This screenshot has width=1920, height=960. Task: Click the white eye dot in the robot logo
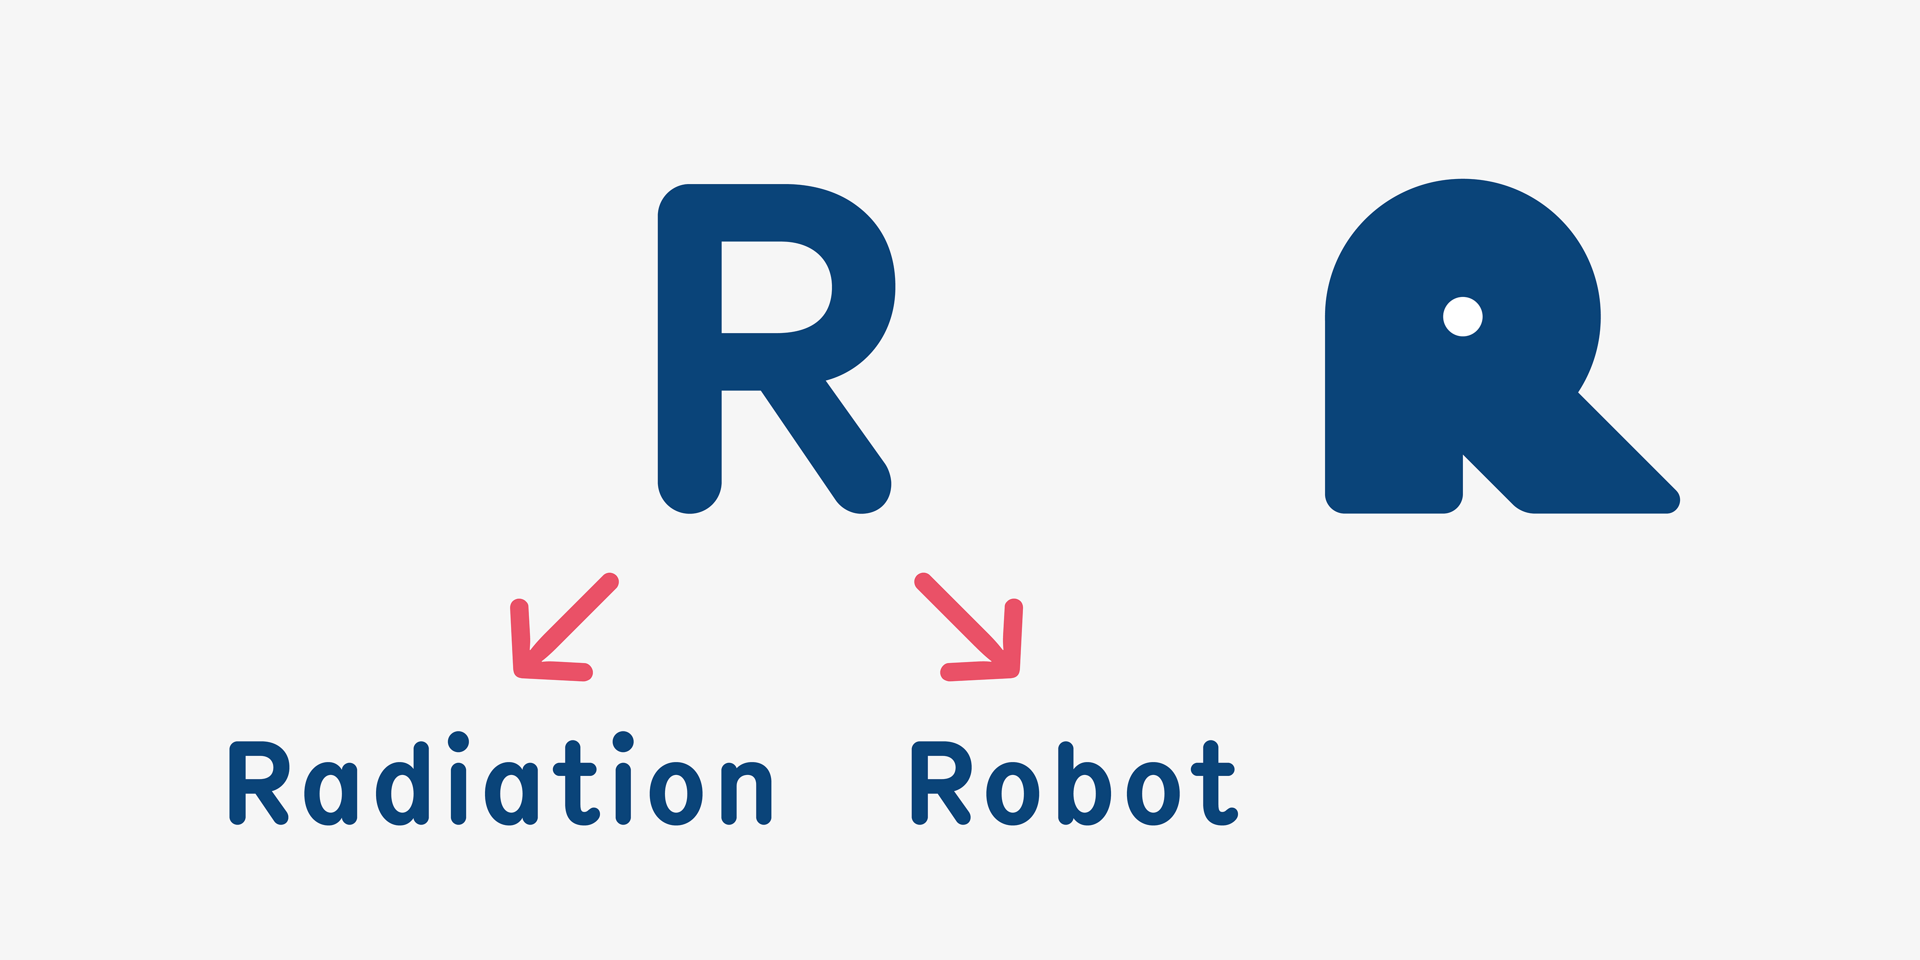coord(1462,317)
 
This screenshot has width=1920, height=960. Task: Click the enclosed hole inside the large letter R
coord(775,287)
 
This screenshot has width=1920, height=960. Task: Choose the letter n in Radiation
coord(746,794)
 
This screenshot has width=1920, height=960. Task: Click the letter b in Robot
coord(1084,786)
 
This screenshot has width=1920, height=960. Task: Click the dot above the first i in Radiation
coord(458,741)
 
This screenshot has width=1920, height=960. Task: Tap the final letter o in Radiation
coord(676,794)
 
